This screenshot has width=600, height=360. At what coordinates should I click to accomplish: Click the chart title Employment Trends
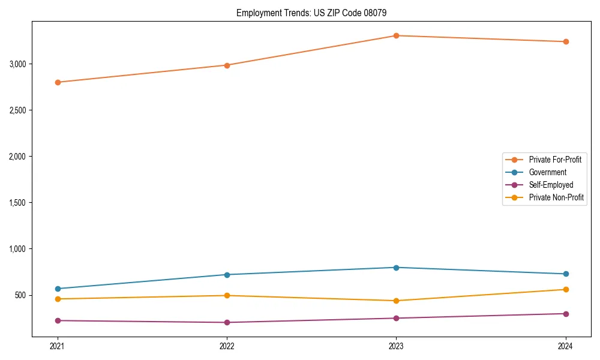coord(316,13)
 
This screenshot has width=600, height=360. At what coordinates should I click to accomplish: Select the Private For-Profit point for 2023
coord(396,35)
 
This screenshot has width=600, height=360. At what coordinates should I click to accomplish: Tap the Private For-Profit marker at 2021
coord(58,82)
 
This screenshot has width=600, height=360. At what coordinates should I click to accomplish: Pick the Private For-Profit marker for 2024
coord(566,41)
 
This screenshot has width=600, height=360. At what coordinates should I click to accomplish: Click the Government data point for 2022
coord(227,275)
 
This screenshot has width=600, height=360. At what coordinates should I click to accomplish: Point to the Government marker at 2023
coord(396,268)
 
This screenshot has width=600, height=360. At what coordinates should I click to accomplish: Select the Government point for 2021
coord(58,289)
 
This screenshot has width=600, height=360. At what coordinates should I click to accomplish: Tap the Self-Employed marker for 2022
coord(227,322)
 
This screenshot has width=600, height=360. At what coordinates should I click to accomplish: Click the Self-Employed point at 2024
coord(566,314)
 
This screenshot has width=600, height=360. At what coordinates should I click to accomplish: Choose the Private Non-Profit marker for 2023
coord(396,301)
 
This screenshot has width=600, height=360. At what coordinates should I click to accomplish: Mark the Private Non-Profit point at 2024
coord(566,290)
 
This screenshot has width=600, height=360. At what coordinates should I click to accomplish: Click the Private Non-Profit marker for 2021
coord(58,299)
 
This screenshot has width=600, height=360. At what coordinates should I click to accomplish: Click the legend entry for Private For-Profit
coord(554,160)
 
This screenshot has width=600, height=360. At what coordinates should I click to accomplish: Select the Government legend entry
coord(547,172)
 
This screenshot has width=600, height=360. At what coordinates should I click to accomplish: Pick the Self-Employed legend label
coord(551,185)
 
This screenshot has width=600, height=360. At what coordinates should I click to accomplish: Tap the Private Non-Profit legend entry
coord(556,197)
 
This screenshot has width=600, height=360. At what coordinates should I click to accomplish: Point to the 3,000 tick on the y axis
coord(22,64)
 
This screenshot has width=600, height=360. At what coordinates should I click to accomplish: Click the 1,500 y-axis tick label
coord(22,203)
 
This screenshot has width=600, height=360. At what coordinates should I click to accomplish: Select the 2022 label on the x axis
coord(227,346)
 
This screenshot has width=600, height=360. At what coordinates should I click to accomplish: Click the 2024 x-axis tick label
coord(566,346)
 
